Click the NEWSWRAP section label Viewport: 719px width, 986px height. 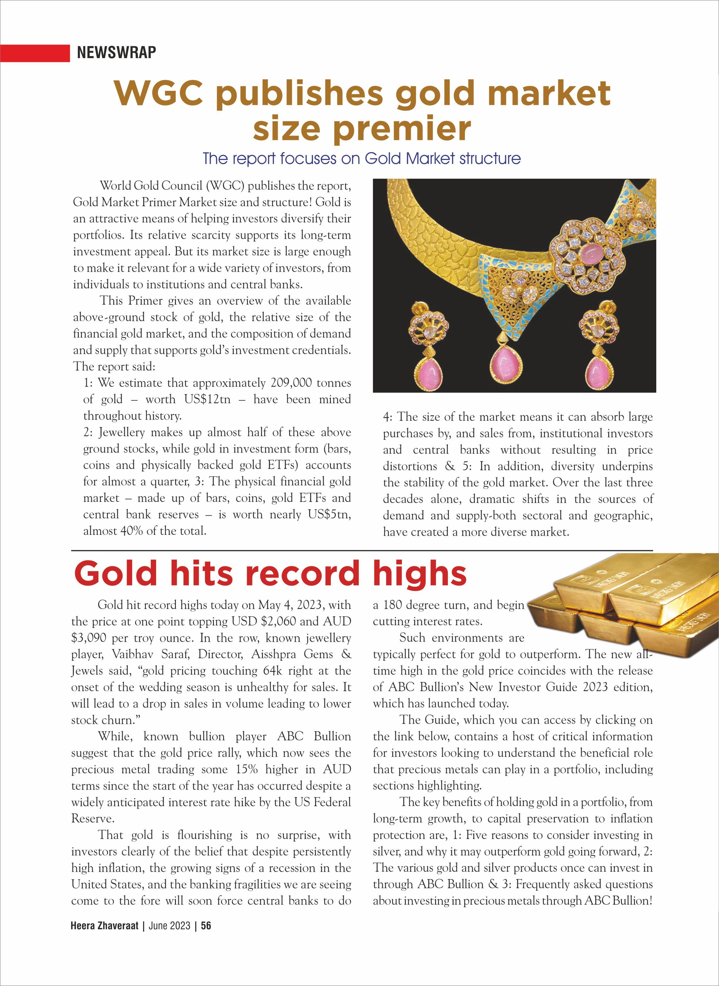click(x=116, y=52)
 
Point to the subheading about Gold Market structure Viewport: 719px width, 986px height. click(x=361, y=159)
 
